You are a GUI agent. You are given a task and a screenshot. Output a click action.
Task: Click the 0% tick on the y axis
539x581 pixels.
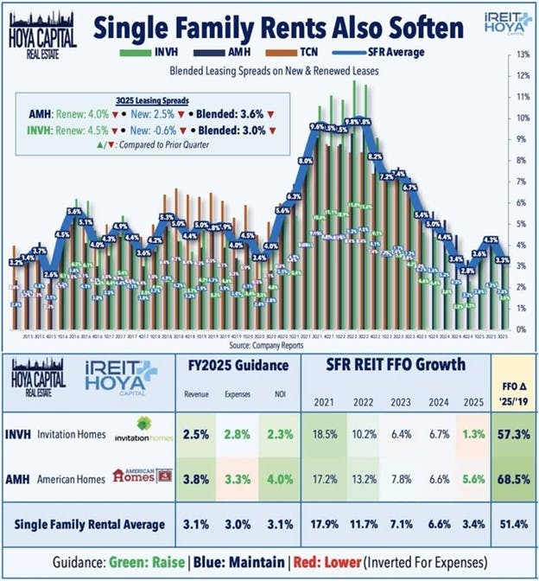pyautogui.click(x=522, y=329)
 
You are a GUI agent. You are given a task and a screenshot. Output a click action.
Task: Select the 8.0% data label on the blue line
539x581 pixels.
pyautogui.click(x=305, y=162)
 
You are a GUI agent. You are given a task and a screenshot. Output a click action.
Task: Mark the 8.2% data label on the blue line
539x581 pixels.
pyautogui.click(x=375, y=156)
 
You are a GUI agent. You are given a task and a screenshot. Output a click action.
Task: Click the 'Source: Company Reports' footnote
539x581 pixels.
pyautogui.click(x=269, y=343)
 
